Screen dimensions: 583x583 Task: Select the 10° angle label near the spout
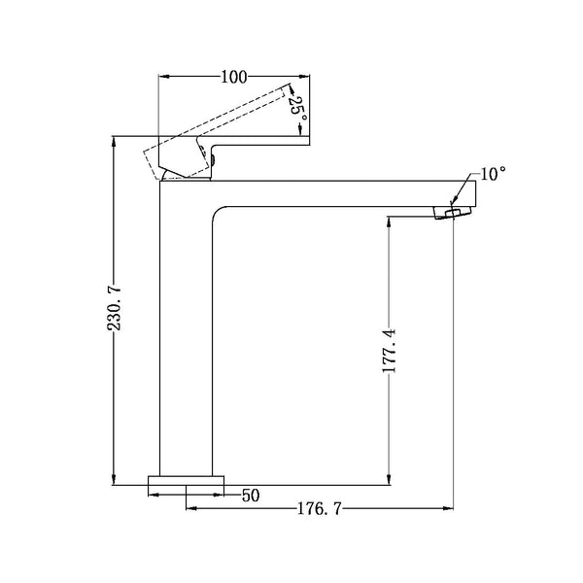(493, 174)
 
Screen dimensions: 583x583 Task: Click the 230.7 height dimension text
(115, 309)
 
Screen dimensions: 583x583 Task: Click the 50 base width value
(251, 496)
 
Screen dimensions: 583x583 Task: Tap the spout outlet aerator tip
(449, 213)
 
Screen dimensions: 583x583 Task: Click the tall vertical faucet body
(185, 330)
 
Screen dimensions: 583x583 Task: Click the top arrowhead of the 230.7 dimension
(115, 140)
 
